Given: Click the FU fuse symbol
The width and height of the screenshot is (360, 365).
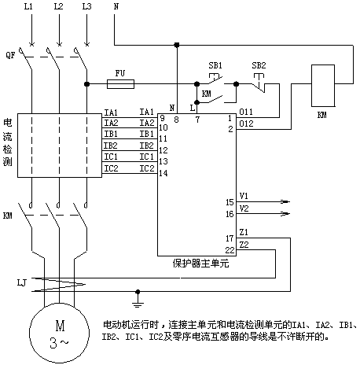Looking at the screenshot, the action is tap(120, 84).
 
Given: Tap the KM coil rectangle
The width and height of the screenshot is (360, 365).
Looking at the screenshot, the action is tap(323, 86).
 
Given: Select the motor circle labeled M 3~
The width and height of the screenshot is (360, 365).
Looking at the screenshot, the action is tap(59, 333).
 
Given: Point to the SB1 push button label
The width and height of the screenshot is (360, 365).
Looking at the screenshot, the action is tap(215, 65).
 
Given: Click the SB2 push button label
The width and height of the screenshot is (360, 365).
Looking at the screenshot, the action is tap(259, 65).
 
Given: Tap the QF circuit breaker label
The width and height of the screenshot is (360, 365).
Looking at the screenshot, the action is tap(10, 55).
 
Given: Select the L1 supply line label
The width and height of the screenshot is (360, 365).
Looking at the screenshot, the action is tap(28, 6).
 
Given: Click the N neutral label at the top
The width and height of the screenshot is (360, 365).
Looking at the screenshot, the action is tap(116, 6).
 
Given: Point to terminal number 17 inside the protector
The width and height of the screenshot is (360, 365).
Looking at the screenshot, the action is tap(230, 238).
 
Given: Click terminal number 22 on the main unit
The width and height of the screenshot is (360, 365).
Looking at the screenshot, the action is tap(230, 250).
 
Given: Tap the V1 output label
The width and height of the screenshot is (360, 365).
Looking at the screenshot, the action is tap(244, 196).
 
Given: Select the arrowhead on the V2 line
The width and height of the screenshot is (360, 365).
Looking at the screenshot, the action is tap(285, 214).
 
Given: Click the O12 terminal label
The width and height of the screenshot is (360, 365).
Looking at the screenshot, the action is tap(246, 124).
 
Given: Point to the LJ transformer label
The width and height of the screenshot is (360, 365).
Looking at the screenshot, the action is tap(22, 282).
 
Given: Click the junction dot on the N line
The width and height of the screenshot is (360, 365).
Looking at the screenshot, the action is tap(177, 45).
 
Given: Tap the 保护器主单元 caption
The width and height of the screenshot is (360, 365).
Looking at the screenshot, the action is tap(200, 264).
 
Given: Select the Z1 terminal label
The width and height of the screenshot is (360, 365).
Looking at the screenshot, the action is tap(244, 232).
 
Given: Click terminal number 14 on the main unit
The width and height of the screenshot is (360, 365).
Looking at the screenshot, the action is tap(163, 173).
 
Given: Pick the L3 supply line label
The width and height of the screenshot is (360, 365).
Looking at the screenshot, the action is tap(86, 6).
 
